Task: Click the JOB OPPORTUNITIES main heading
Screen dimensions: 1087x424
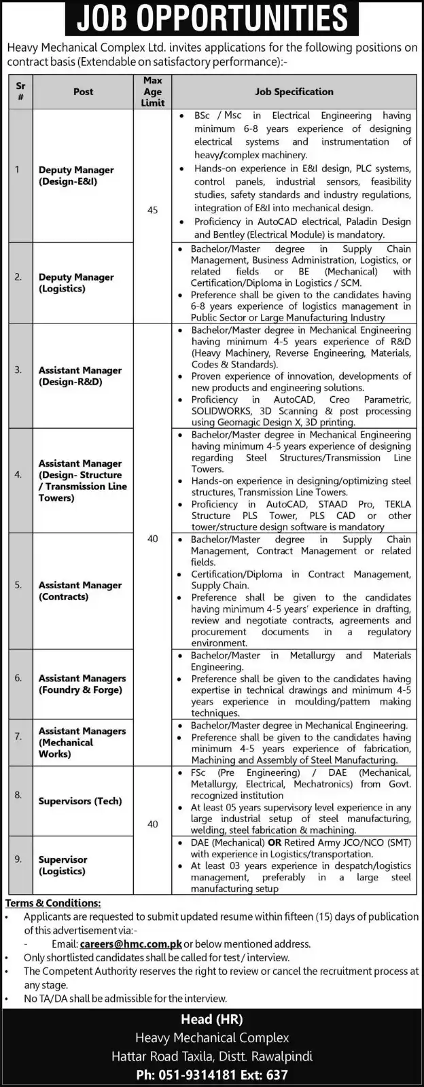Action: pos(211,18)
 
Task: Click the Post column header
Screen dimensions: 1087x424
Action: pos(84,92)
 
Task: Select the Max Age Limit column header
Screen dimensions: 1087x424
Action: pos(153,92)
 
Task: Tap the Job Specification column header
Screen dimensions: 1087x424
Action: pos(294,92)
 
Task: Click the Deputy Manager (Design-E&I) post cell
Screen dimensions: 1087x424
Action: pos(76,176)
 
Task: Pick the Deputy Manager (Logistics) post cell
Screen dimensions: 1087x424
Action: pos(76,283)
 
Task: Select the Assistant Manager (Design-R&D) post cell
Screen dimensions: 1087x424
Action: pos(80,376)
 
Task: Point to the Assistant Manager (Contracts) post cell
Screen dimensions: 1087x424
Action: pos(80,590)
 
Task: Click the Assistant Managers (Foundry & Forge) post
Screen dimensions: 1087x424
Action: pos(82,683)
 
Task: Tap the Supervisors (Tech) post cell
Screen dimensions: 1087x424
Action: pos(80,801)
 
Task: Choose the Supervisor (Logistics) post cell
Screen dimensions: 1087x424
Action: pos(63,865)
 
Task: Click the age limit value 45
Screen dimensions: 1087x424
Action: pos(153,211)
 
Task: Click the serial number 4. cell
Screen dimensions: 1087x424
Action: pos(18,474)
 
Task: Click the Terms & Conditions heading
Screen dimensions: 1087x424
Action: pos(53,903)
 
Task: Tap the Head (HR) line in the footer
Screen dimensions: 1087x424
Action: pos(211,1019)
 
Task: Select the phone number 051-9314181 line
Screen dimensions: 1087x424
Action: pos(211,1075)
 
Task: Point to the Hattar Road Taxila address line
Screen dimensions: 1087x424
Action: pos(211,1056)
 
